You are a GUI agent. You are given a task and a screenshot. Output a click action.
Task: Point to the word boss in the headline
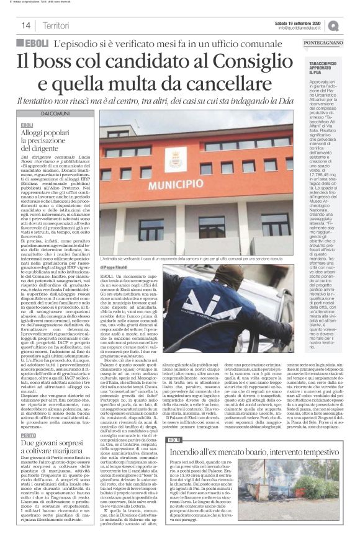tap(68, 63)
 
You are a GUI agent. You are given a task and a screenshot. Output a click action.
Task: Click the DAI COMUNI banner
tap(55, 114)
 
